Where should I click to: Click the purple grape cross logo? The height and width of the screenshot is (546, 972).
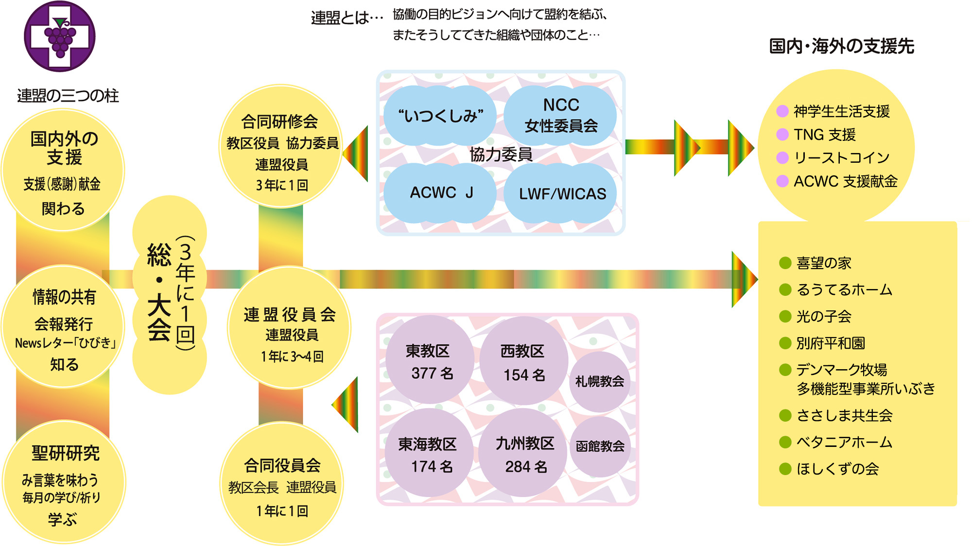point(60,36)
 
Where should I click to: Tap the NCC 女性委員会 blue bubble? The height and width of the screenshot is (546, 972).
point(560,115)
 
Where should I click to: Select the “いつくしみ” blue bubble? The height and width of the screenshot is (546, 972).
point(440,116)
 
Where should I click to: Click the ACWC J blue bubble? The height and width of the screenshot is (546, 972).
point(440,193)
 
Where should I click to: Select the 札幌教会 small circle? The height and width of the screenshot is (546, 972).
point(599,381)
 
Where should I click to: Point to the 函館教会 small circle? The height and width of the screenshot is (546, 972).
point(600,446)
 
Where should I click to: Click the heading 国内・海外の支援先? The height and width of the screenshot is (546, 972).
point(841,46)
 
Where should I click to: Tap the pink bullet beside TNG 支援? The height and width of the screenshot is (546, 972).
point(782,135)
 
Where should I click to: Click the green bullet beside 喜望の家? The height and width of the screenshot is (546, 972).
point(785,263)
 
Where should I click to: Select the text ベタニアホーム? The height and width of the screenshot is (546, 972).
point(844,442)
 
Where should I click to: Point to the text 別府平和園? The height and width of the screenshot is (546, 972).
point(831,343)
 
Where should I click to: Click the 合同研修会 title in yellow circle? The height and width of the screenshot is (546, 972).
point(279,121)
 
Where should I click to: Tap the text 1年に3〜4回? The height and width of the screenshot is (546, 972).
point(292,357)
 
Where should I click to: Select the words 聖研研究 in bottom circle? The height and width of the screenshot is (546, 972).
point(65,453)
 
